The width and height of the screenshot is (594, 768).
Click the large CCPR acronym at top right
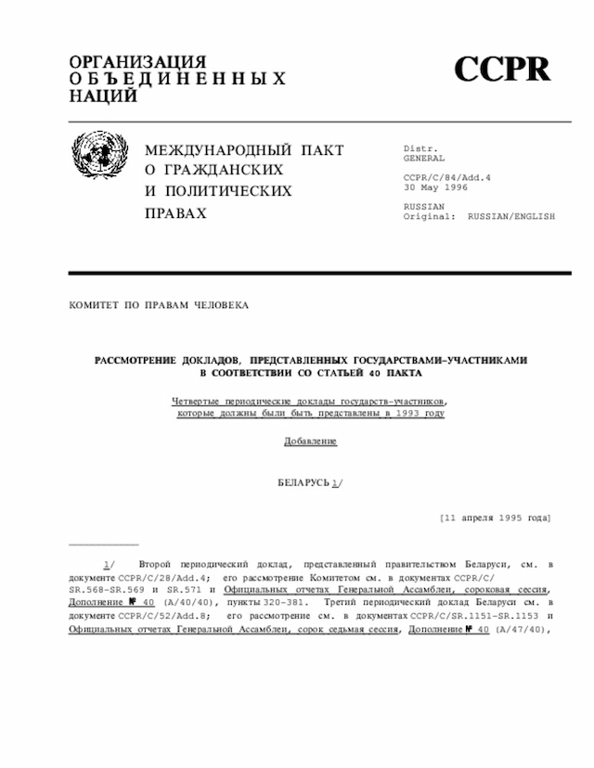coord(502,70)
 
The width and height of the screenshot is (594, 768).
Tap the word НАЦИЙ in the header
coord(103,96)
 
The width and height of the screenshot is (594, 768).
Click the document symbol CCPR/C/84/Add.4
coord(446,177)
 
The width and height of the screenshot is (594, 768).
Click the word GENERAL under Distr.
coord(424,159)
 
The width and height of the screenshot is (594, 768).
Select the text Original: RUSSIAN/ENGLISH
coord(479,216)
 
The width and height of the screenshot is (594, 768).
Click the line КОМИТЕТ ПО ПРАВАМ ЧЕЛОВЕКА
coord(159,304)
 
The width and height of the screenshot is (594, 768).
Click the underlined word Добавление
coord(310,441)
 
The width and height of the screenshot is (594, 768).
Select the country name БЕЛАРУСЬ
coord(303,483)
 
